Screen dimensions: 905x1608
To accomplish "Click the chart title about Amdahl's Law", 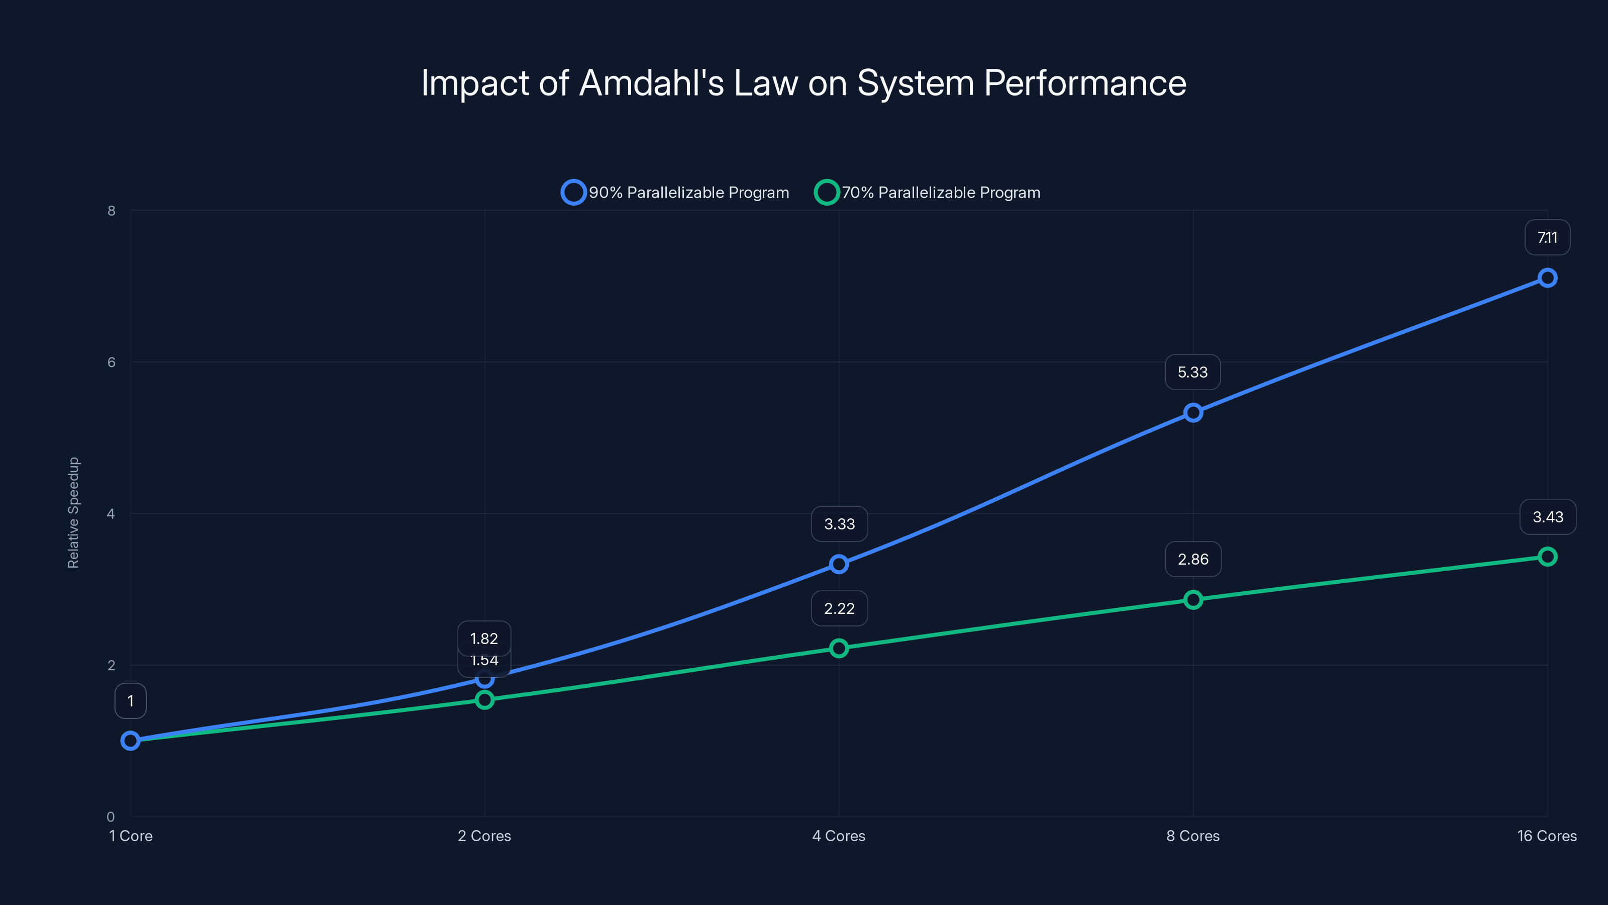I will (x=803, y=83).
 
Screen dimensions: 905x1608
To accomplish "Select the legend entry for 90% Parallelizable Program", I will (x=675, y=193).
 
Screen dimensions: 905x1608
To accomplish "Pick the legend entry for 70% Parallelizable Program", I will (x=928, y=193).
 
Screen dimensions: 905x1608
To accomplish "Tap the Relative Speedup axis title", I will (x=74, y=513).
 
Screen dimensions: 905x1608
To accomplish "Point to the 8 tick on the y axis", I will (x=111, y=211).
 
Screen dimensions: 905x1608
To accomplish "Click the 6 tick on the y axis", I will (x=111, y=362).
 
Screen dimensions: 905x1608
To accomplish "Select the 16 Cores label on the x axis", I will (x=1546, y=836).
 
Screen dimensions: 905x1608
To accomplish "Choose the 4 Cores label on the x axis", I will (x=838, y=836).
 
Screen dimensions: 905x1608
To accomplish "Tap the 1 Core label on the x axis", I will (x=131, y=836).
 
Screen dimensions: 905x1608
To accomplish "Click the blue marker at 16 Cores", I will (x=1547, y=278).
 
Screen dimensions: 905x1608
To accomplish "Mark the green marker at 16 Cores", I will (x=1547, y=557).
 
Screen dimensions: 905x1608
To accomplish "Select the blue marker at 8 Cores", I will (x=1193, y=413).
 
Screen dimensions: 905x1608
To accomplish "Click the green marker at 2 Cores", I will (x=484, y=699).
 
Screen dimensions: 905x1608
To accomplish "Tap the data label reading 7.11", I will (x=1547, y=238).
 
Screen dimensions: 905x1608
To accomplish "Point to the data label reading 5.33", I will (x=1192, y=372).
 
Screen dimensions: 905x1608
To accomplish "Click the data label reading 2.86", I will (x=1193, y=559).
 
